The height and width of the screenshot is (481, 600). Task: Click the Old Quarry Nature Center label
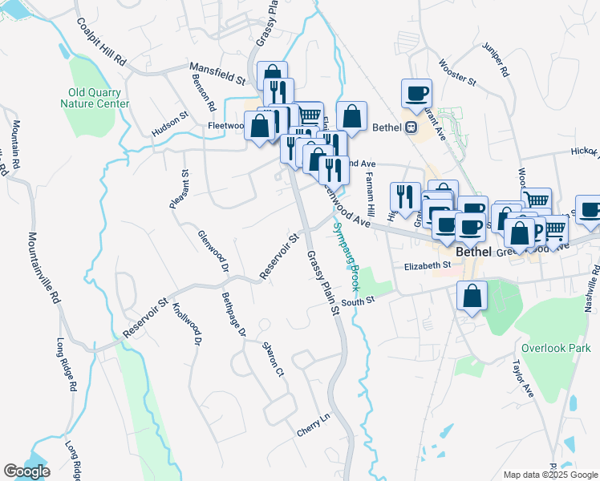[x=94, y=97]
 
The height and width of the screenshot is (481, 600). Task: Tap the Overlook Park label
[x=555, y=348]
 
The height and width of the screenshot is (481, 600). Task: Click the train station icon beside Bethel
[x=411, y=127]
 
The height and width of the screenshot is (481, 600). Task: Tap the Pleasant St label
[x=179, y=189]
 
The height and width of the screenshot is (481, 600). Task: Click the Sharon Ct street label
[x=273, y=360]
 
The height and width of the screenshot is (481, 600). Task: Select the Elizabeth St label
[x=428, y=265]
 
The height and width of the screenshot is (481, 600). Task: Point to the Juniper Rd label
[x=496, y=60]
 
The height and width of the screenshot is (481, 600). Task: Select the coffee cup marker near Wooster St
[x=416, y=93]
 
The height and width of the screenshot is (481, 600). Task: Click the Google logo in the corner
[x=26, y=471]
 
